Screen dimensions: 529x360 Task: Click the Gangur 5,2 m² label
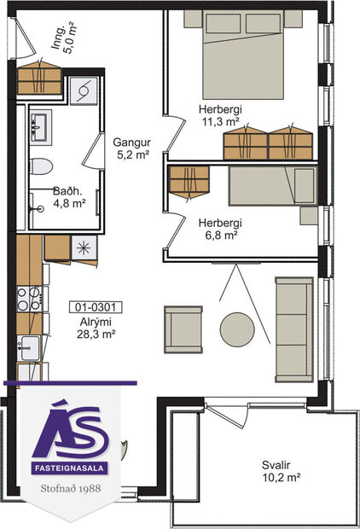click(132, 148)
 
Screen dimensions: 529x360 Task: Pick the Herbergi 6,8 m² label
click(218, 230)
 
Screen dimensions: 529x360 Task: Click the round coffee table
click(236, 328)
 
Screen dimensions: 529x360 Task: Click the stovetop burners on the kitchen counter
click(27, 299)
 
